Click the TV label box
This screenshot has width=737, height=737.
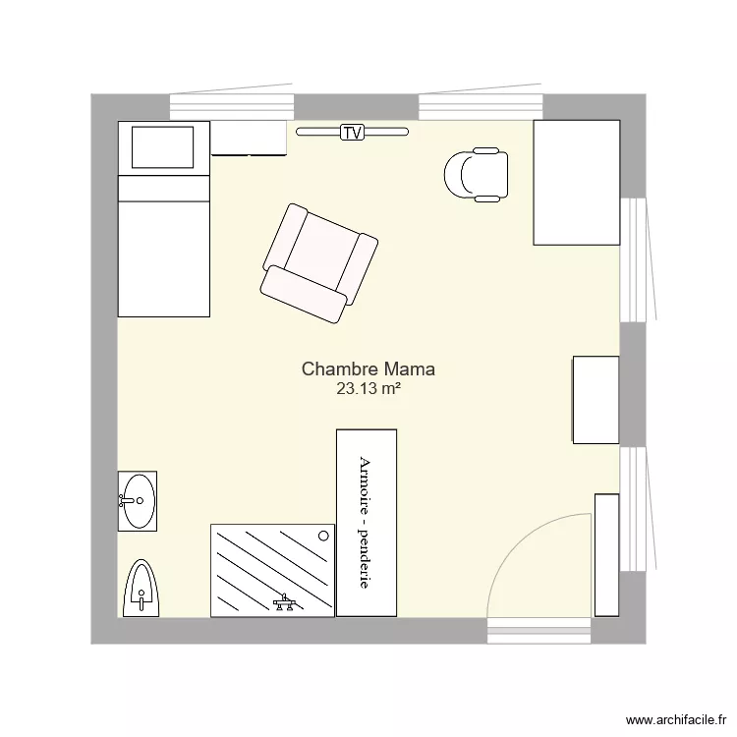(352, 133)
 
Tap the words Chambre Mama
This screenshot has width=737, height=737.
(368, 368)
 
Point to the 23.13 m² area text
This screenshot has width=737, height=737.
(368, 389)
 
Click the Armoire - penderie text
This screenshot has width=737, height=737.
(366, 522)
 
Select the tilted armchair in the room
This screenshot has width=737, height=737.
(319, 263)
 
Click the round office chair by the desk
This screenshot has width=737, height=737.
(477, 175)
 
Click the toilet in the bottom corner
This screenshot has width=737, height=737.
(141, 589)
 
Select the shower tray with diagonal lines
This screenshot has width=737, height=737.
(272, 571)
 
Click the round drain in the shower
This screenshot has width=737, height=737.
(323, 536)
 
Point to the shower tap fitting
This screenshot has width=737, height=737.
(284, 601)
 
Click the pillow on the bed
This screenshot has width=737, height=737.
(162, 147)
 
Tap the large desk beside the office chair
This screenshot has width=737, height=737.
(577, 183)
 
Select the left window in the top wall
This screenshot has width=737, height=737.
(232, 106)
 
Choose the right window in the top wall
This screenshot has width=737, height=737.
(481, 106)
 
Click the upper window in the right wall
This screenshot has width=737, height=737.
(634, 260)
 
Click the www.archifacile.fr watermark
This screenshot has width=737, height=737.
(676, 719)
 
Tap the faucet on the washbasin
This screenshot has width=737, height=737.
(127, 500)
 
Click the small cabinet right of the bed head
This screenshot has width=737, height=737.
(249, 139)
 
